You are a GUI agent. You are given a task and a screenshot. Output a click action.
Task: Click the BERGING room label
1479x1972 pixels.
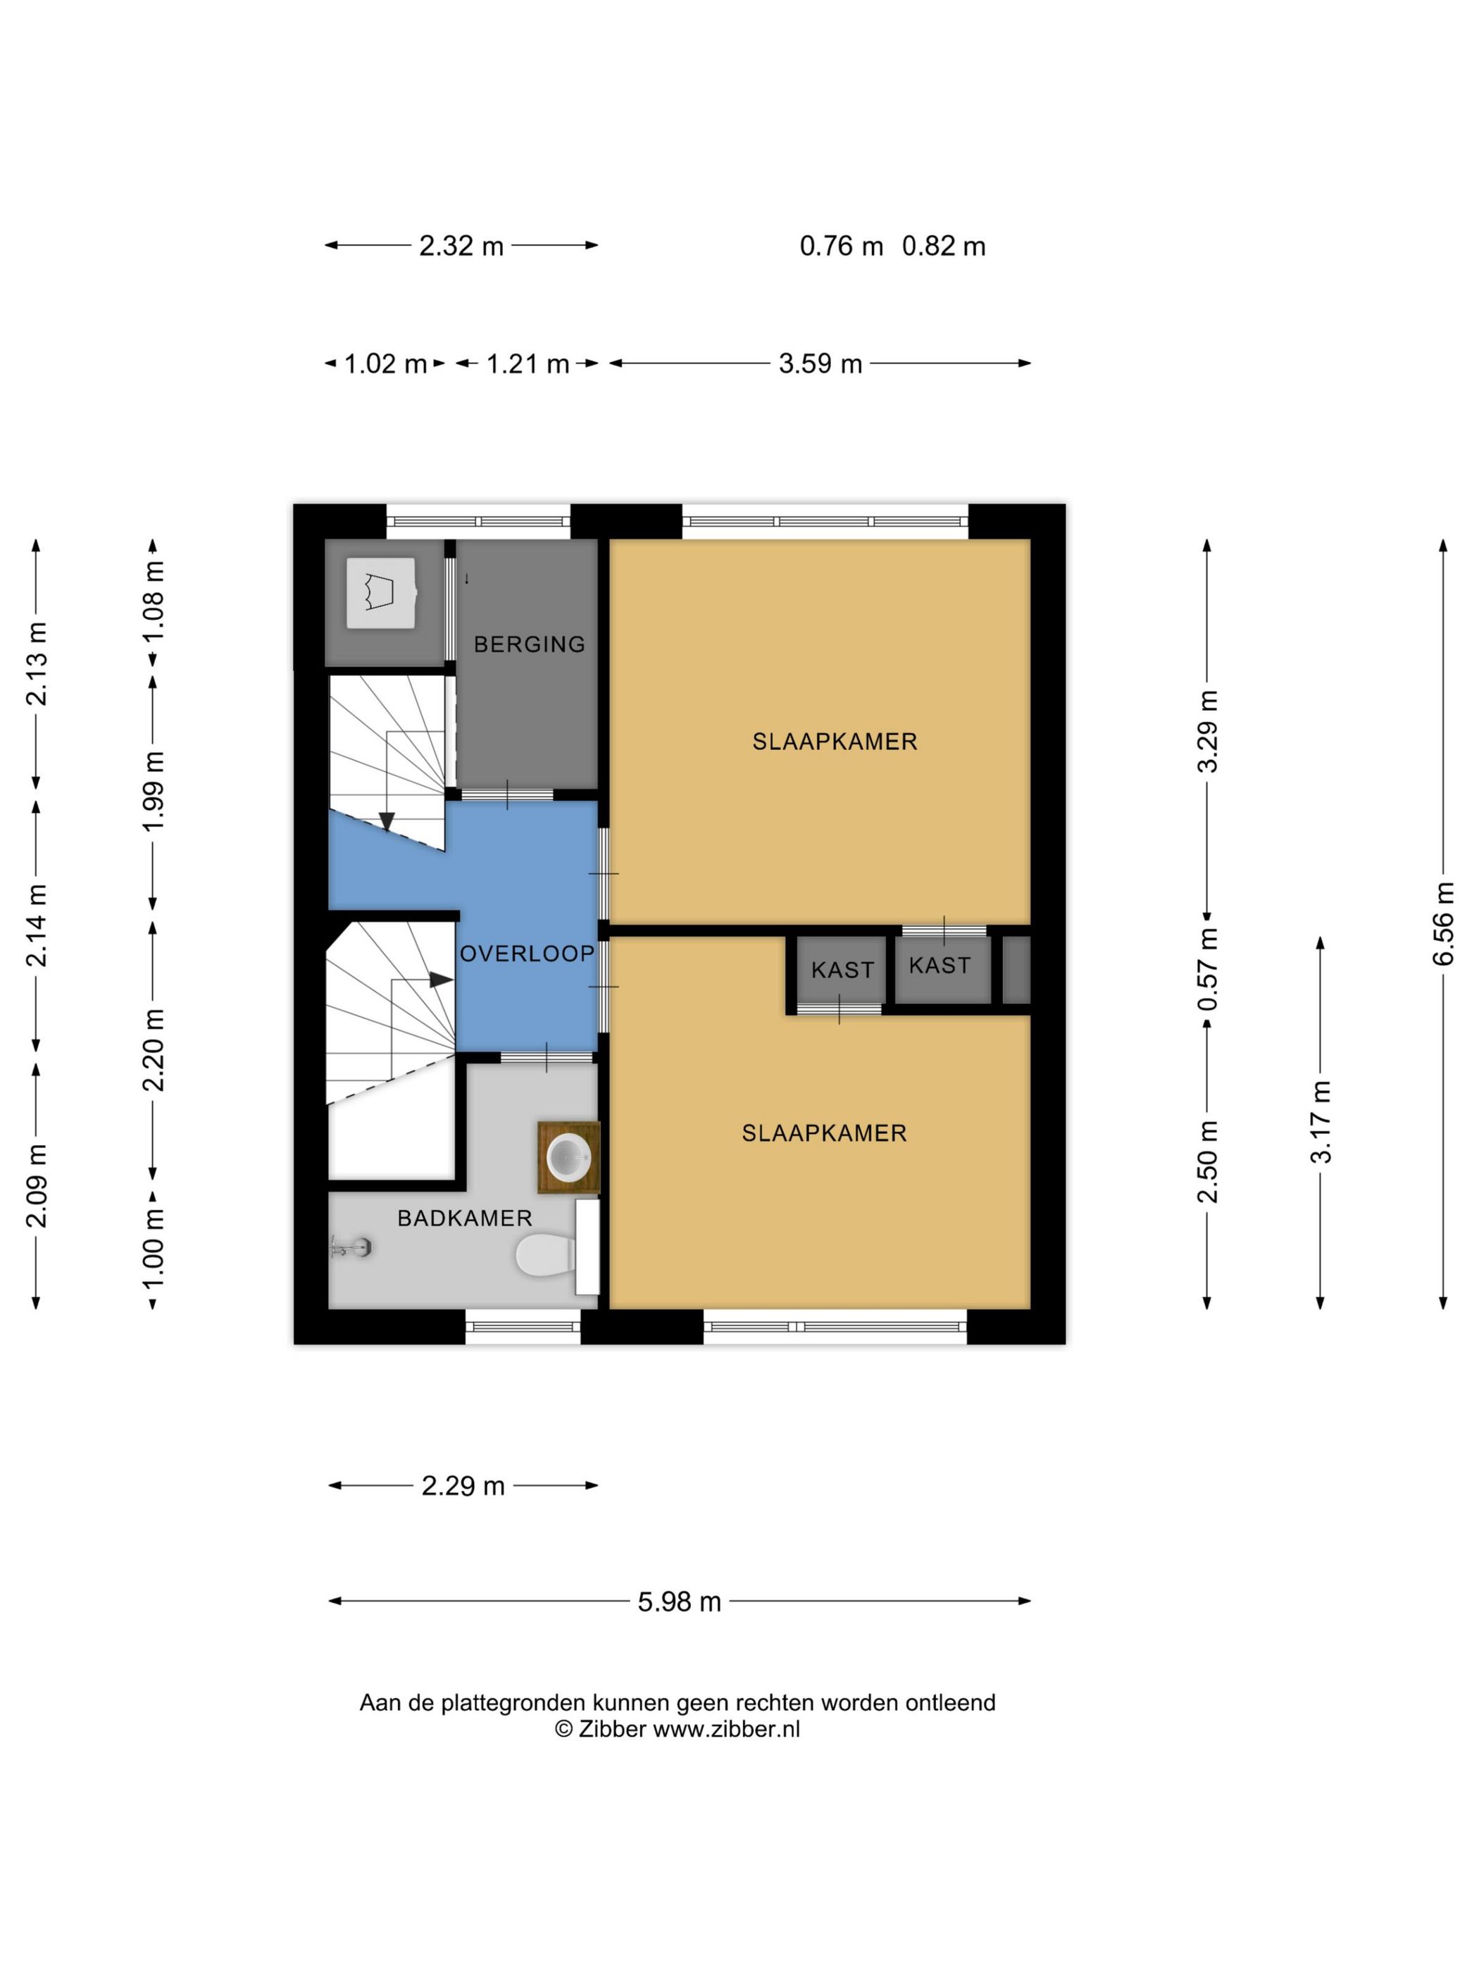pyautogui.click(x=529, y=644)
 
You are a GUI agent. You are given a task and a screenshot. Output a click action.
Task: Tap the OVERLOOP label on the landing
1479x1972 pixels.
pyautogui.click(x=527, y=954)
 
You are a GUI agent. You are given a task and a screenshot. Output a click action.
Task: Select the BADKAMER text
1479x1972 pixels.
pyautogui.click(x=464, y=1218)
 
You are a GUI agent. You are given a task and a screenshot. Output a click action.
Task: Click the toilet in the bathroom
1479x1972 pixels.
pyautogui.click(x=544, y=1255)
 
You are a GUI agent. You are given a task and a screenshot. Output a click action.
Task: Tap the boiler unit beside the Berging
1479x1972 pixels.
pyautogui.click(x=381, y=593)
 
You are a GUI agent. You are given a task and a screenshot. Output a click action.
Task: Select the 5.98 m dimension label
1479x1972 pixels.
pyautogui.click(x=680, y=1602)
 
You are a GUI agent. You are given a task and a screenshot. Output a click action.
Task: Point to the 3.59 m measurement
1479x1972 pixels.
pyautogui.click(x=820, y=363)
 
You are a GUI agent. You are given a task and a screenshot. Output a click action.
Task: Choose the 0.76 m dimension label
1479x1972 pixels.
pyautogui.click(x=841, y=246)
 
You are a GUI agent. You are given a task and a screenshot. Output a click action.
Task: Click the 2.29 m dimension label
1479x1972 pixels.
pyautogui.click(x=463, y=1486)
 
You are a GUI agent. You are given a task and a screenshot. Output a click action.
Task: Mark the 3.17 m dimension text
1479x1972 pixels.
pyautogui.click(x=1321, y=1121)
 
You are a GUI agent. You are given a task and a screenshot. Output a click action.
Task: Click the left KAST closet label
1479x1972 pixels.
pyautogui.click(x=842, y=970)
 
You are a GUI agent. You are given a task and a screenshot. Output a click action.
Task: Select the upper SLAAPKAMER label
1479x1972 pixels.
pyautogui.click(x=835, y=742)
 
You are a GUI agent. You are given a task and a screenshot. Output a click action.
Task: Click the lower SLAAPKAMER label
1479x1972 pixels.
pyautogui.click(x=824, y=1133)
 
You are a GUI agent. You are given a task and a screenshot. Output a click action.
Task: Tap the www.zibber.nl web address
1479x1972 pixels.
pyautogui.click(x=727, y=1730)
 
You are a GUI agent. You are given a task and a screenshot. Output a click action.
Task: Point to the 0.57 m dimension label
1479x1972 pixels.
pyautogui.click(x=1208, y=969)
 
